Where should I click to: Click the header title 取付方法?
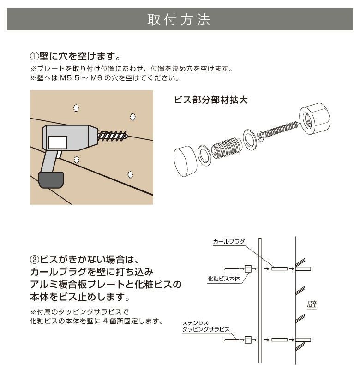click(x=179, y=20)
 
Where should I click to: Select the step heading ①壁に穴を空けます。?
click(x=76, y=57)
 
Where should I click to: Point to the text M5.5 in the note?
click(x=71, y=78)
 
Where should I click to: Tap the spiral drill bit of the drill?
click(x=113, y=135)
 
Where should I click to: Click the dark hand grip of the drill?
click(x=51, y=179)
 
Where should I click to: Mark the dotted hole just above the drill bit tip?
click(x=133, y=117)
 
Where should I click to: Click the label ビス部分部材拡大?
click(x=211, y=100)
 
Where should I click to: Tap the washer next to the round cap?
click(x=204, y=155)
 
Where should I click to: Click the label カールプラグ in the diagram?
click(x=229, y=241)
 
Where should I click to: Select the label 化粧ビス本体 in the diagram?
click(x=224, y=279)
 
